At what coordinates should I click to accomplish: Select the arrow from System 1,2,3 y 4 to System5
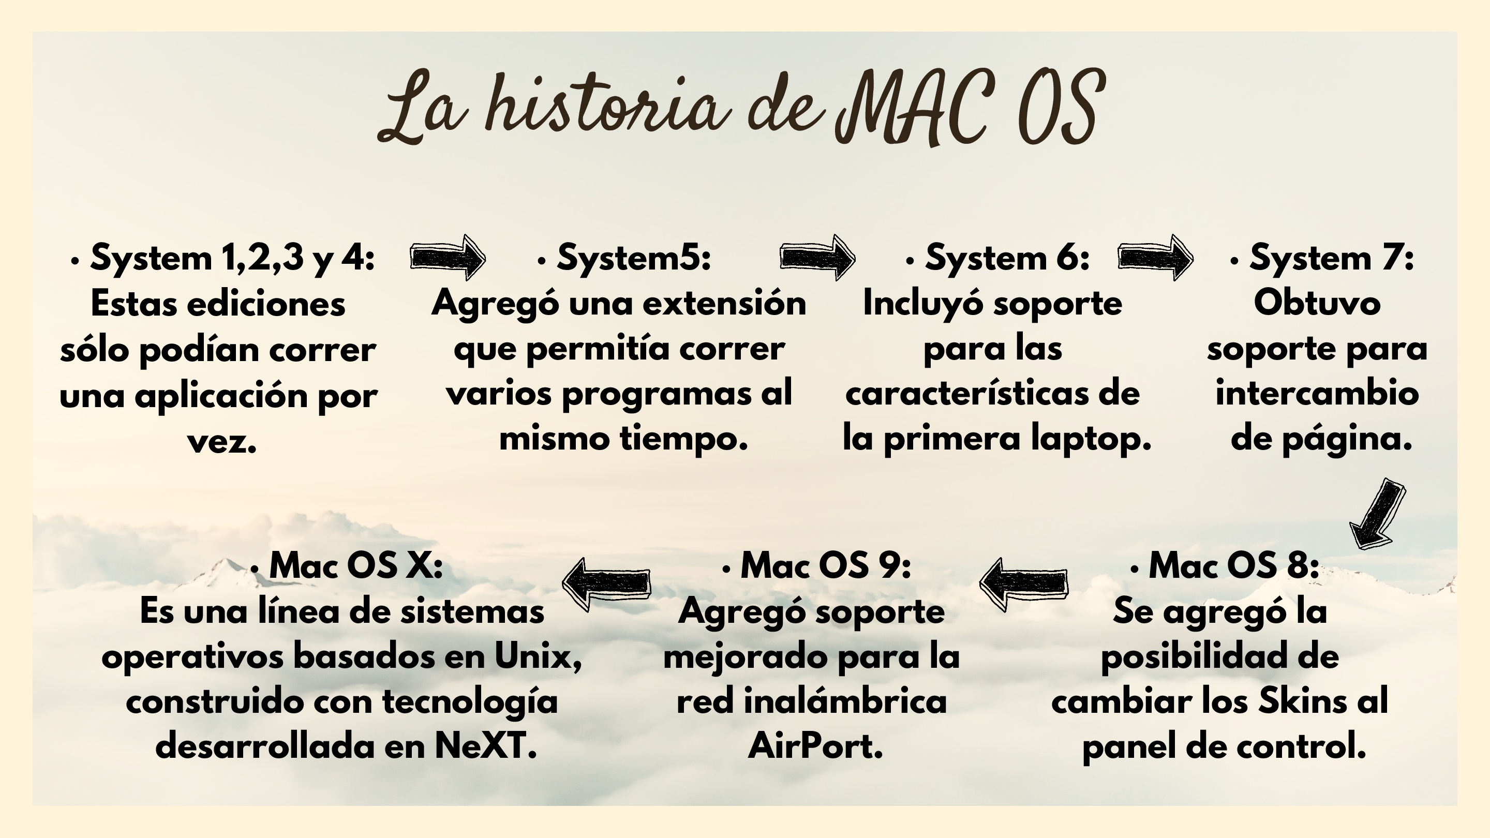click(x=448, y=258)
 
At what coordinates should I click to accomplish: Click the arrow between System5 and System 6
click(x=817, y=258)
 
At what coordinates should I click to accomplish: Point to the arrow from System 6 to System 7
click(x=1155, y=258)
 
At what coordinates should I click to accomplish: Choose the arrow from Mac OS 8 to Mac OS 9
click(x=1024, y=583)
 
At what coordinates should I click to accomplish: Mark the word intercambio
click(x=1317, y=394)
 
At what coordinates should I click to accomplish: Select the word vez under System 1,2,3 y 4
click(x=222, y=442)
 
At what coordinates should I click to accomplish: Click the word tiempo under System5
click(x=684, y=440)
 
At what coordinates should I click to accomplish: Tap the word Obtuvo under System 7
click(x=1317, y=303)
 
